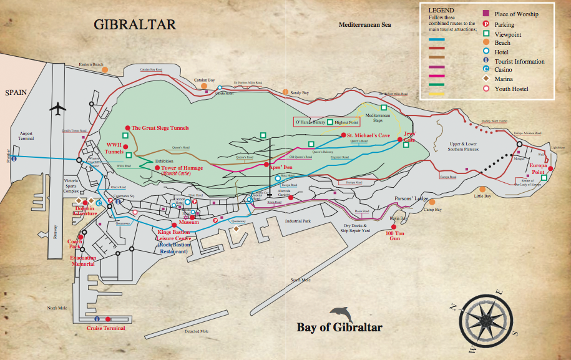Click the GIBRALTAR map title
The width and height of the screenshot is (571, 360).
[x=135, y=25]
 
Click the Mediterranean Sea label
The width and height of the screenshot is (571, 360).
[x=364, y=24]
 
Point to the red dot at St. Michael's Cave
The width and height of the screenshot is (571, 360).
[x=342, y=135]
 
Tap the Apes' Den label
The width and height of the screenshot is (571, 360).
[x=280, y=167]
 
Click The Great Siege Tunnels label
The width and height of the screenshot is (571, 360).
[x=160, y=128]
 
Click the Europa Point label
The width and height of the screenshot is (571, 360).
[x=538, y=168]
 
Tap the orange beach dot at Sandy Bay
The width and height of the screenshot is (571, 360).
[x=285, y=92]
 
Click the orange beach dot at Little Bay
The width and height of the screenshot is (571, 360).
[x=481, y=190]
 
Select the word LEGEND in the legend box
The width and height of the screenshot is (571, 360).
[x=441, y=11]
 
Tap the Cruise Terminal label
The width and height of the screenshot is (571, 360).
[x=106, y=328]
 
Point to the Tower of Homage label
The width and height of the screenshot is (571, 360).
[x=182, y=168]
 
